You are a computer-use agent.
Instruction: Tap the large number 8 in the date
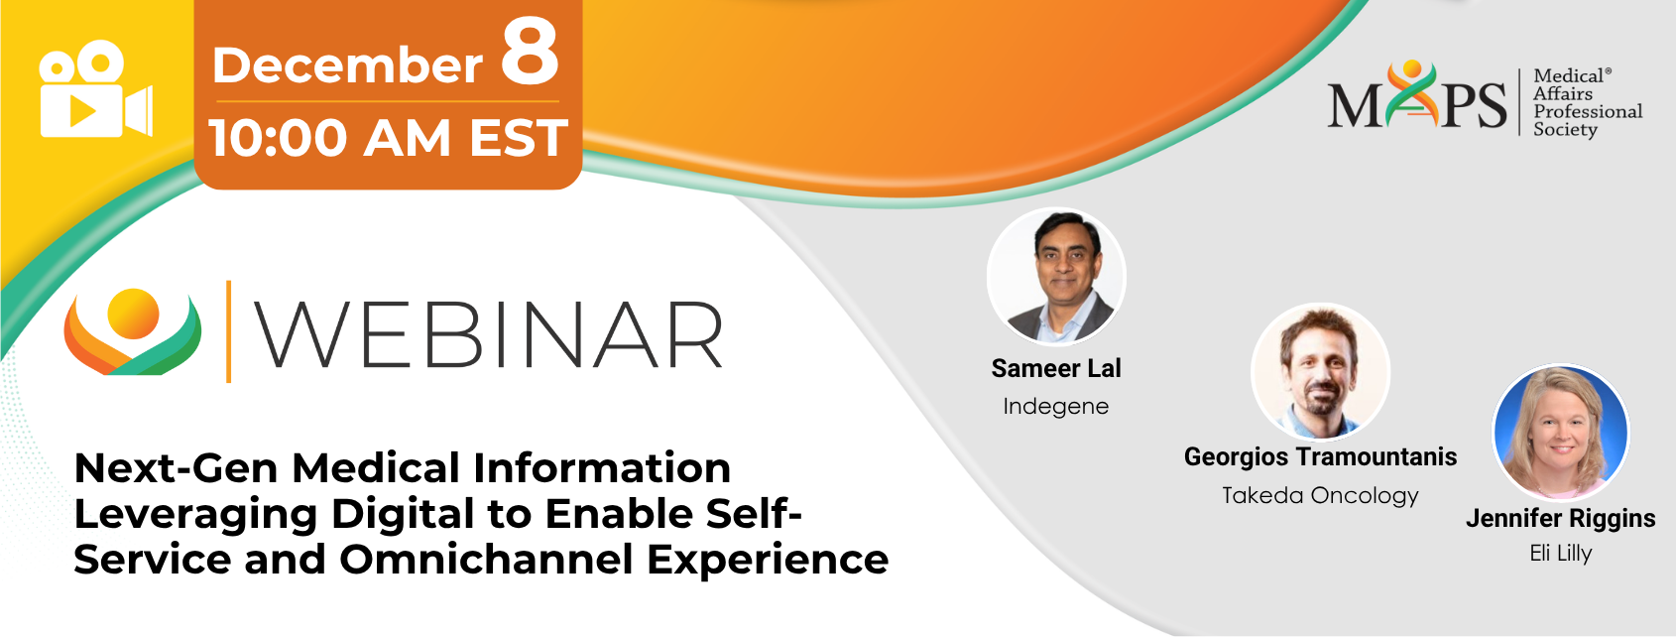(530, 52)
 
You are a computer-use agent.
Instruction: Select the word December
(347, 65)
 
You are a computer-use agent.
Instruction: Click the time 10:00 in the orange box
(279, 138)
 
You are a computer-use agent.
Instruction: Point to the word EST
(518, 138)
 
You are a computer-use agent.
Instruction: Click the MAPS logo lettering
(1417, 96)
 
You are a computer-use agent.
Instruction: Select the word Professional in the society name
(1588, 111)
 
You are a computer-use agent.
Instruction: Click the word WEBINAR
(489, 334)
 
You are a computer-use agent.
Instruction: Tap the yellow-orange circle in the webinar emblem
(133, 314)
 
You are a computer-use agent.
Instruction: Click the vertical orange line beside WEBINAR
(228, 331)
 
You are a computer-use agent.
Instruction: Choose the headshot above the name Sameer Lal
(1056, 276)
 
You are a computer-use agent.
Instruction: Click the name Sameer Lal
(1056, 368)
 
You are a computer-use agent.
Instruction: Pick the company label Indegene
(1056, 407)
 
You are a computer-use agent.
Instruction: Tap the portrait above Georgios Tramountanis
(1321, 371)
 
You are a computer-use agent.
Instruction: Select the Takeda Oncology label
(1321, 495)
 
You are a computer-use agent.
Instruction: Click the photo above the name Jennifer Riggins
(1561, 433)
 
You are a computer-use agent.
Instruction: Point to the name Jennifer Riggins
(1561, 518)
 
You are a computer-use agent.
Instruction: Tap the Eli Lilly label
(1561, 554)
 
